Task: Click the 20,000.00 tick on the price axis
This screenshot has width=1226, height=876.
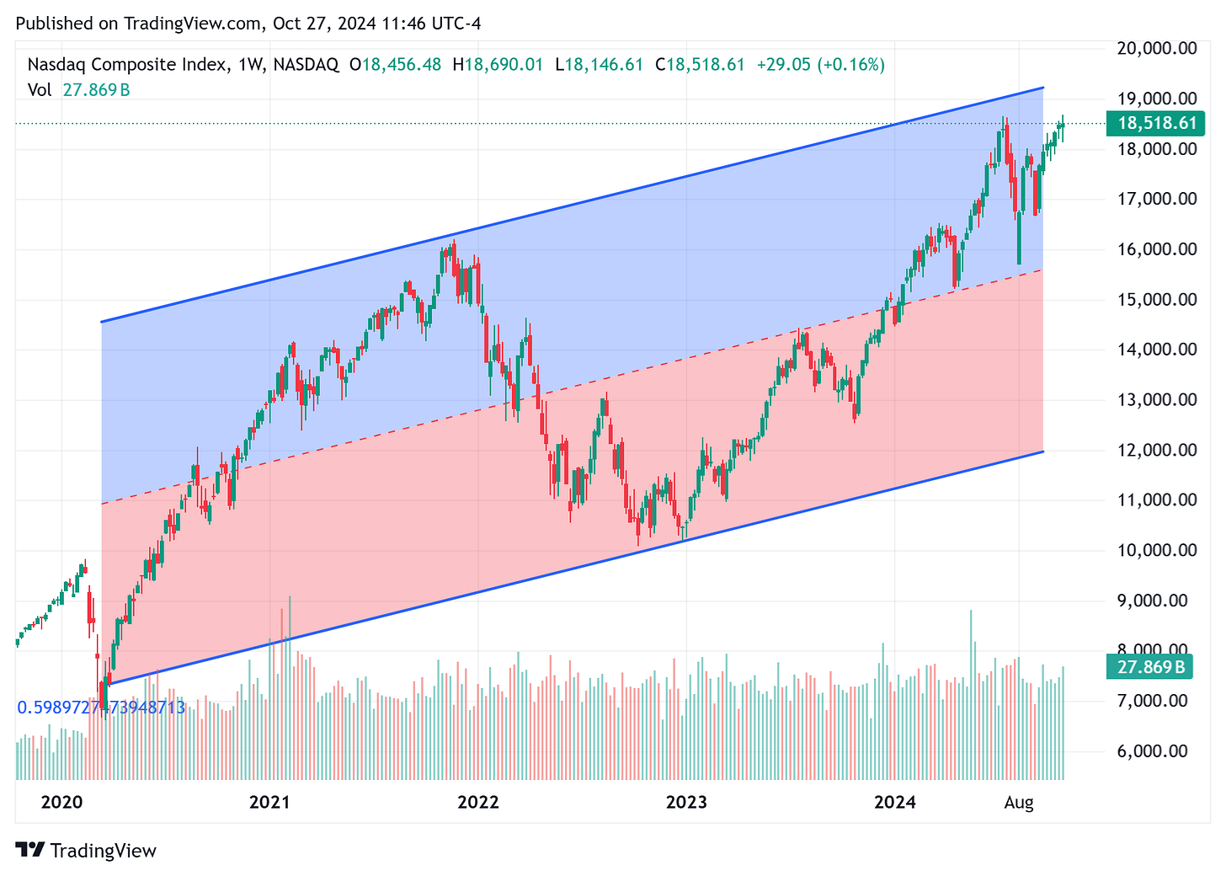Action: pos(1156,48)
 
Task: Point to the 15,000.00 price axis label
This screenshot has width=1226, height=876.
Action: pos(1156,299)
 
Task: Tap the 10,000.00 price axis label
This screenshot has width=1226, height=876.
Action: pos(1156,550)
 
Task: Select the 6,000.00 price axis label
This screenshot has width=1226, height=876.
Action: pos(1156,750)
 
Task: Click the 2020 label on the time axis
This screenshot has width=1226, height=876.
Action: pos(62,802)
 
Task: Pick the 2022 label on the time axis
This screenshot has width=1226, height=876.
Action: pos(478,802)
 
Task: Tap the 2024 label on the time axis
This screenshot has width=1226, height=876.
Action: pos(895,802)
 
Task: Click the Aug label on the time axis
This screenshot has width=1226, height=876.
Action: pos(1019,802)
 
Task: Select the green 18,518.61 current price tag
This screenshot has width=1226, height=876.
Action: pos(1157,124)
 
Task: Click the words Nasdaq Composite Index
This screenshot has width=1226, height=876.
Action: pos(127,64)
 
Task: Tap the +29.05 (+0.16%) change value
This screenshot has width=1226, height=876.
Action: pos(821,64)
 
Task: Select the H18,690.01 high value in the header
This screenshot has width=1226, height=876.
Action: pos(498,64)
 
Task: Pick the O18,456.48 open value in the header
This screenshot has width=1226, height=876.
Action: pos(395,64)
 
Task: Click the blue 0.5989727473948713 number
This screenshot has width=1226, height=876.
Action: pos(101,708)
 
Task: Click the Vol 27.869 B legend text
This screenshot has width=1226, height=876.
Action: pos(78,89)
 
